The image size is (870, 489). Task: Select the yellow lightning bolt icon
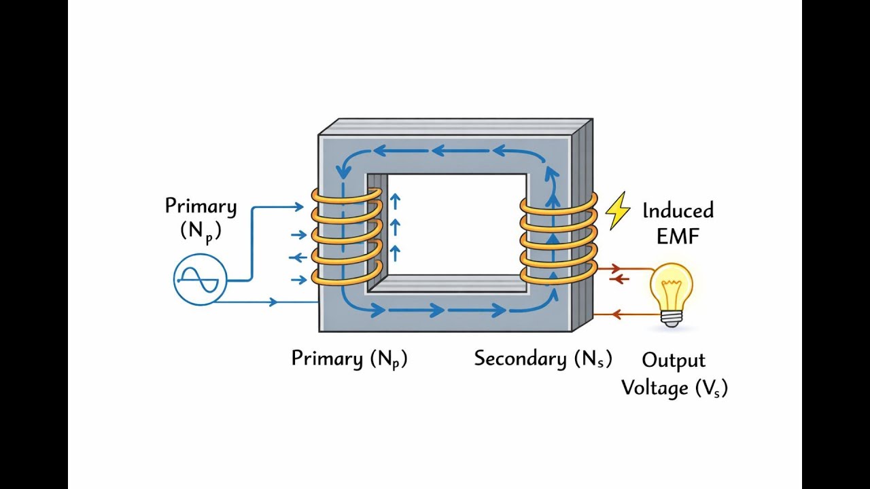618,211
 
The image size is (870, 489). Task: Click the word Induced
678,211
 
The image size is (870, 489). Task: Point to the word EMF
677,236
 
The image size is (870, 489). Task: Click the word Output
674,360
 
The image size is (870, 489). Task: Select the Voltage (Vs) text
674,388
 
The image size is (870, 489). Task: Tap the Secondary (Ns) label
542,358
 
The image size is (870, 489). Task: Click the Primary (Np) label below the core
349,358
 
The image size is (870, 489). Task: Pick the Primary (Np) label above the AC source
201,217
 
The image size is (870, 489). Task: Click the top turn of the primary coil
346,196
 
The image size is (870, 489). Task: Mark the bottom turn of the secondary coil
558,274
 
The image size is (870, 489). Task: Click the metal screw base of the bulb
672,319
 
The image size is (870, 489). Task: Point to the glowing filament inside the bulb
672,283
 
